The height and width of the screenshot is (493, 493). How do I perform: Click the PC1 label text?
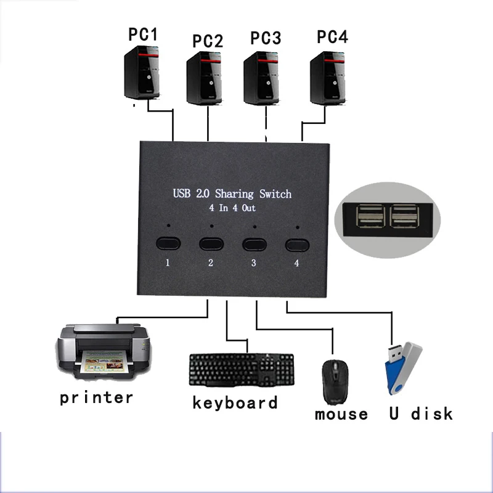tap(143, 35)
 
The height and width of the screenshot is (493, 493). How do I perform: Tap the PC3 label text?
tap(266, 38)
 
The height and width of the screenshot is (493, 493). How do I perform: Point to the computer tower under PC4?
tap(327, 78)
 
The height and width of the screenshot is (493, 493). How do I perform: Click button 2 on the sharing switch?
tap(211, 243)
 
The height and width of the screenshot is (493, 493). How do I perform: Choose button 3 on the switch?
tap(254, 243)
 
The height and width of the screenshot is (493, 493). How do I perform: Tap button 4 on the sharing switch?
tap(298, 245)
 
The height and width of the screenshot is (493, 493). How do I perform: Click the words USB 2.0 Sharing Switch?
tap(232, 194)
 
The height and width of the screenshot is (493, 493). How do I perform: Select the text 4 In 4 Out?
tap(232, 208)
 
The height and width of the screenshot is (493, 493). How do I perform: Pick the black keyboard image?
tap(242, 370)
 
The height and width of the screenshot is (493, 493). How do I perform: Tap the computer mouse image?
tap(335, 382)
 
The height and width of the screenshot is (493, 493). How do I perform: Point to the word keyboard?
tap(235, 403)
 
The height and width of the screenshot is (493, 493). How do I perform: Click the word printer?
tap(96, 397)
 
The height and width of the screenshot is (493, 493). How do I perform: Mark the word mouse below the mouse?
tap(341, 414)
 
